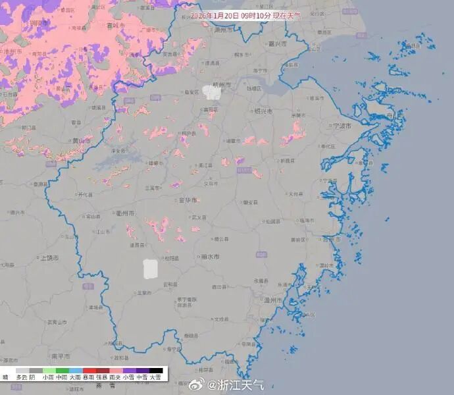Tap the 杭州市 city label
click(225, 85)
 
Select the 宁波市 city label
click(341, 125)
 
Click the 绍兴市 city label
click(265, 111)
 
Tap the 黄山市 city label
click(82, 140)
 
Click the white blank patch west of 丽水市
click(151, 269)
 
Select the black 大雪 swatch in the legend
click(155, 371)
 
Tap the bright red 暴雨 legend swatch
click(88, 371)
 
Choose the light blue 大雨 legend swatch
click(75, 371)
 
